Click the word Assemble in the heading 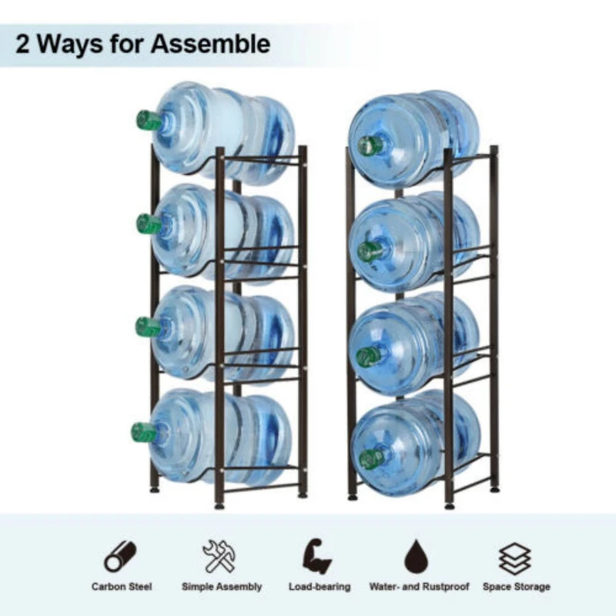point(210,44)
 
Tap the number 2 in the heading point(23,44)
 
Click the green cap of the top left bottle point(148,120)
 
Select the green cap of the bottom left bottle point(142,432)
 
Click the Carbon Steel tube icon point(121,556)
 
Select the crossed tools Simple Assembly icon point(221,556)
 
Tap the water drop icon point(417,556)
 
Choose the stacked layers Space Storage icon point(516,556)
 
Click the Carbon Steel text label point(122,587)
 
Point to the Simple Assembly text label point(222,587)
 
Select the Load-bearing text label point(320,587)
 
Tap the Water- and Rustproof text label point(418,587)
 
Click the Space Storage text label point(517,587)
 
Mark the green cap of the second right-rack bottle point(370,251)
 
